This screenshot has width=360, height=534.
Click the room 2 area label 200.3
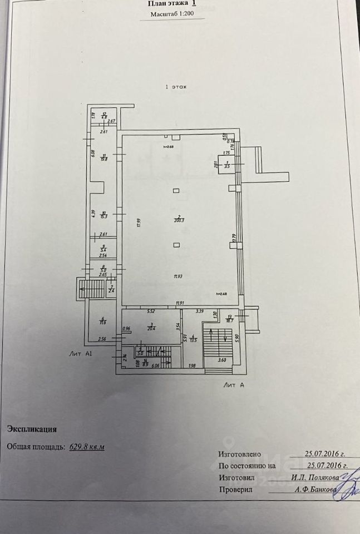(x=178, y=219)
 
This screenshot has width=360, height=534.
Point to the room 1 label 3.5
(x=227, y=165)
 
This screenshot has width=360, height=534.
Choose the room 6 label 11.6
(x=103, y=321)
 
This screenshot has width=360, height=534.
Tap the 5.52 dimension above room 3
(x=150, y=312)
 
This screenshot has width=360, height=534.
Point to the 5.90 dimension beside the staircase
(x=238, y=337)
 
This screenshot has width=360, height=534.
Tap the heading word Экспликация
(x=31, y=429)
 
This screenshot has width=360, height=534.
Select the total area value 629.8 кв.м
(x=87, y=446)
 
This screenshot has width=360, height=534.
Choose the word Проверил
(x=236, y=490)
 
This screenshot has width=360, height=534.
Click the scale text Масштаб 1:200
(x=170, y=15)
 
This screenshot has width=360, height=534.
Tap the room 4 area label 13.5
(x=193, y=338)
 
